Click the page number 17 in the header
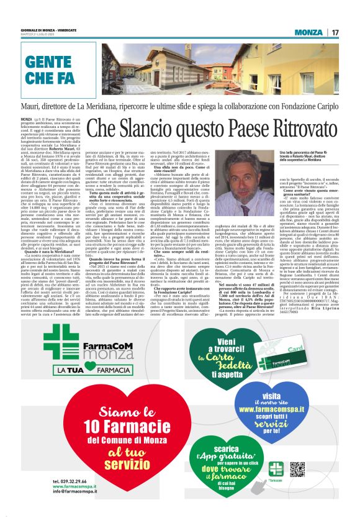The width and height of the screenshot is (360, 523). (x=335, y=32)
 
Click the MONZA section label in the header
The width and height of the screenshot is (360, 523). (x=308, y=32)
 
